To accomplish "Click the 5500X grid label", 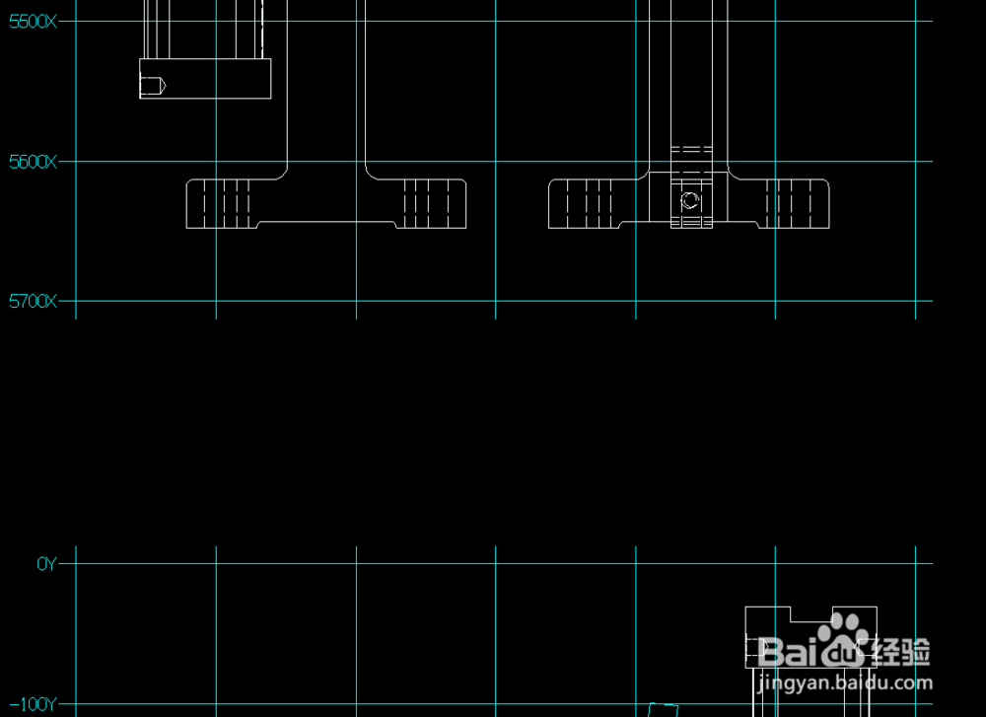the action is [x=33, y=21].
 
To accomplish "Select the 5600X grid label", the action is [x=33, y=162].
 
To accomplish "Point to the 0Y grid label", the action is [x=46, y=564].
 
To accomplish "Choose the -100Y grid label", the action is [x=37, y=704].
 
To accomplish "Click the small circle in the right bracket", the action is [x=690, y=201].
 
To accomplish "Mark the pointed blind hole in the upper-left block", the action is [x=154, y=87].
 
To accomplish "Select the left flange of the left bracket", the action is [x=219, y=203].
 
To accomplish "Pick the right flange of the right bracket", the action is [x=795, y=203].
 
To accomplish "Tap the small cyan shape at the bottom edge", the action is [x=664, y=709].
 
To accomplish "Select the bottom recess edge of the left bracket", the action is [x=326, y=223].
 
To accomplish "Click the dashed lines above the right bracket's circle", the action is [x=691, y=150].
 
